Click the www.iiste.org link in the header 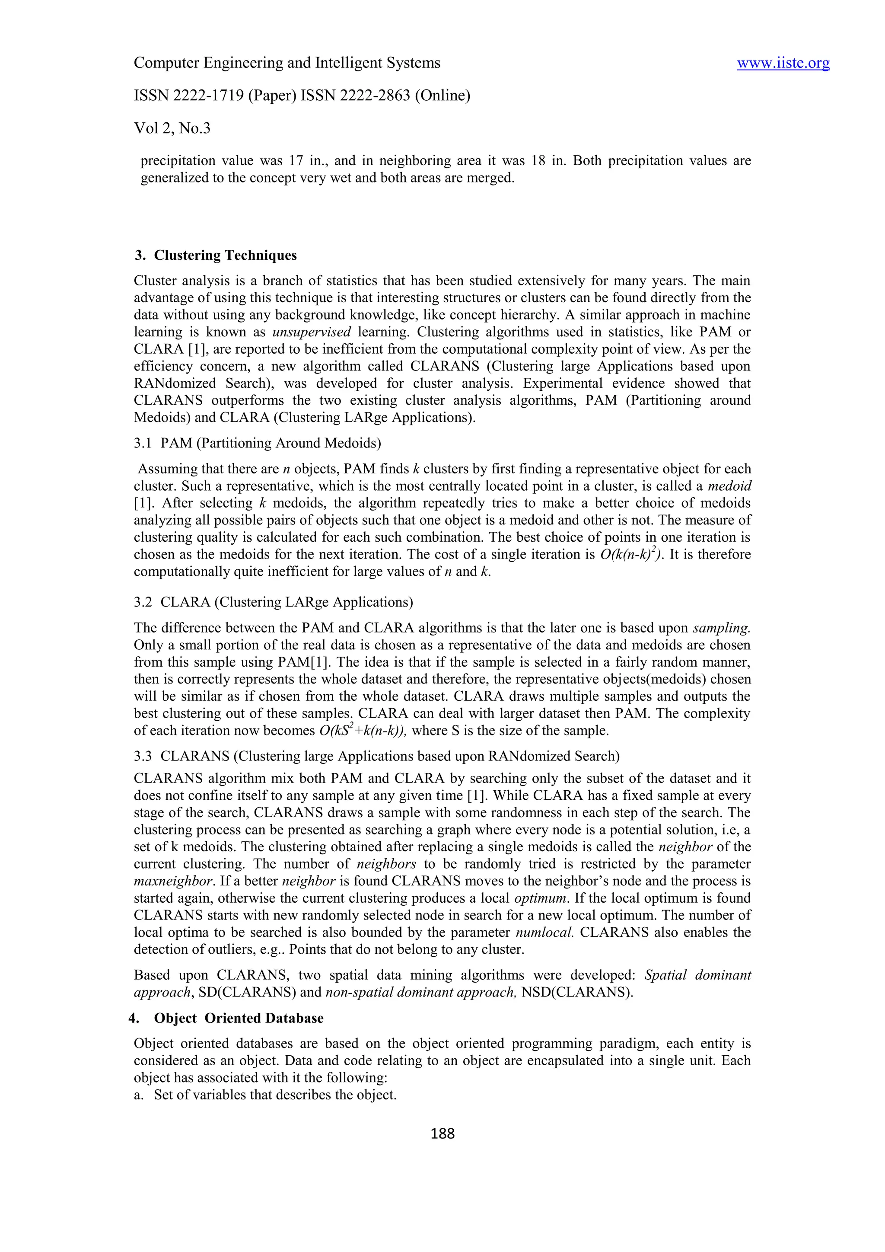783,63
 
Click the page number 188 442,1134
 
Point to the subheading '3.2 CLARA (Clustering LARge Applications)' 273,602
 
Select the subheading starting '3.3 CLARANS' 376,756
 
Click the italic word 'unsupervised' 312,332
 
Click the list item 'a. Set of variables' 265,1095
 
